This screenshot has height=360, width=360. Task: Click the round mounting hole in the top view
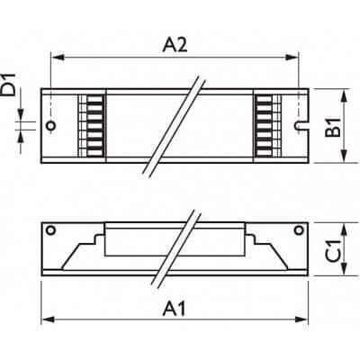[53, 126]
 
